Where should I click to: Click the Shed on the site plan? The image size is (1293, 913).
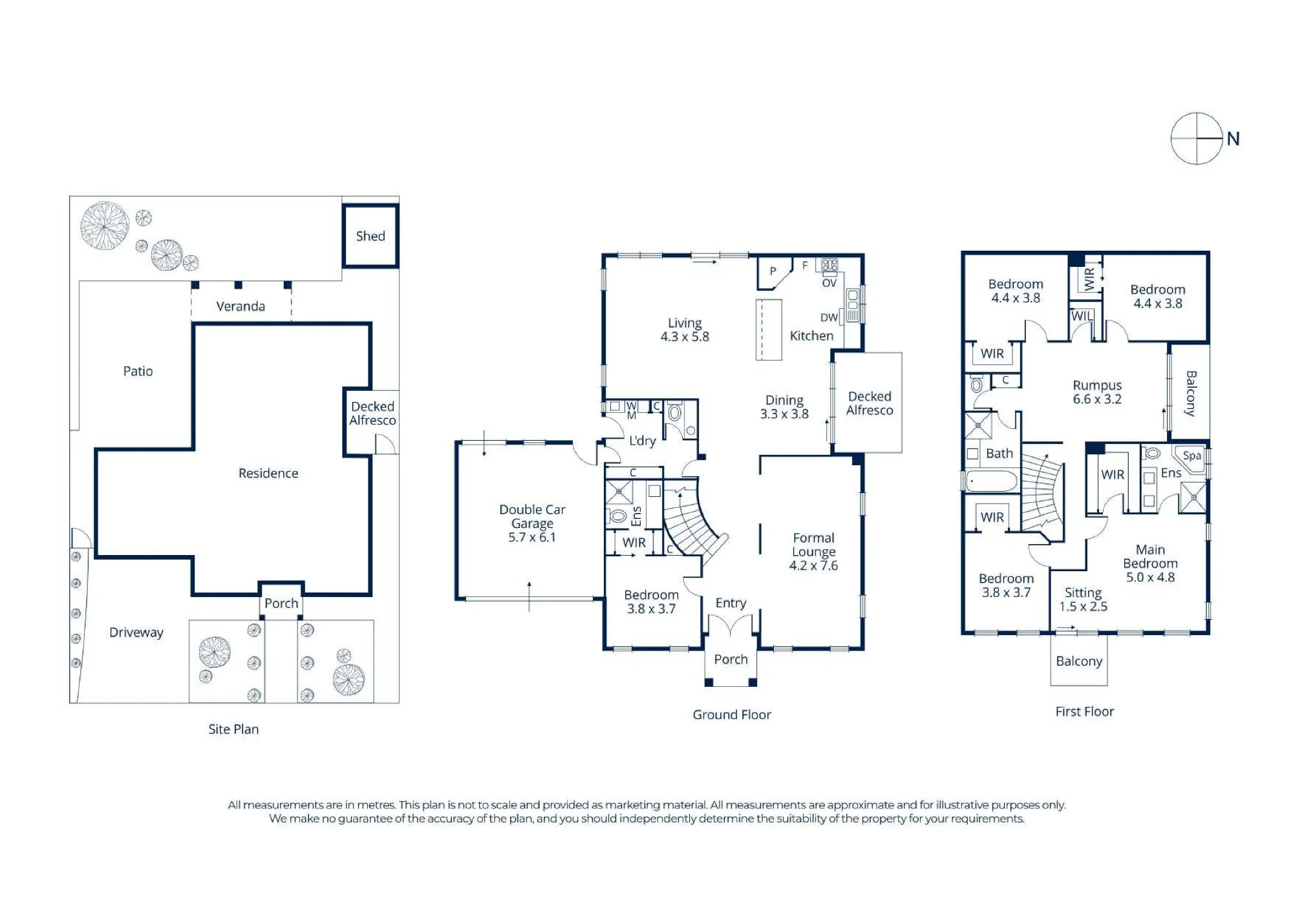tap(370, 236)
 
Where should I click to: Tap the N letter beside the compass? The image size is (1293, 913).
tap(1233, 139)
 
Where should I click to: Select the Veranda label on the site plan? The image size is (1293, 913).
tap(240, 306)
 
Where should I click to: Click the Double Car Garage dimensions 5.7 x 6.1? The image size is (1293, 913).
tap(532, 537)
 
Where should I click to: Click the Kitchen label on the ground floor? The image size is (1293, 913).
tap(811, 336)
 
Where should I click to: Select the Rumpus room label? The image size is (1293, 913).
tap(1097, 385)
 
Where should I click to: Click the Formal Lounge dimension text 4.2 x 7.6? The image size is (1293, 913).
tap(813, 565)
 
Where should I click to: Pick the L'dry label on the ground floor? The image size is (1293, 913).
tap(643, 441)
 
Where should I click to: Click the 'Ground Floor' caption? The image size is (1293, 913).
tap(732, 715)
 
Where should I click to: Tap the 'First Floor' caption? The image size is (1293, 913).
tap(1085, 711)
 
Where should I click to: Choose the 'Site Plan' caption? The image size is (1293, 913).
tap(233, 729)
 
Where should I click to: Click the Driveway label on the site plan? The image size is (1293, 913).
tap(136, 632)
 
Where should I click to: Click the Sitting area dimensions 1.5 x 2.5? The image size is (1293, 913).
tap(1083, 607)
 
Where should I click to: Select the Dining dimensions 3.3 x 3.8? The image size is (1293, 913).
tap(784, 414)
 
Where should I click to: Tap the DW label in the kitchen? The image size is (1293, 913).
tap(829, 317)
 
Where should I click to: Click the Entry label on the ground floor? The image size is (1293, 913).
tap(731, 603)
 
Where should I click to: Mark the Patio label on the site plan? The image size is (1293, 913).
tap(138, 371)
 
